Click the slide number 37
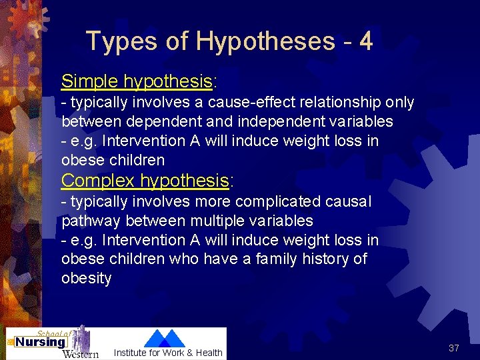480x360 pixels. pos(454,348)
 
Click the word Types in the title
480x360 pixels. pos(122,41)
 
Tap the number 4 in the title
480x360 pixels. pos(365,41)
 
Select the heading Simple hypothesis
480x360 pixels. pos(137,81)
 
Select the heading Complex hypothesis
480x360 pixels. pos(145,181)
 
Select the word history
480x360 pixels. pos(323,259)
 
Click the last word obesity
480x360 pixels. pos(86,278)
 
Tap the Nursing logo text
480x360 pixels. pos(41,343)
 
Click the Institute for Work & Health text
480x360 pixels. pos(168,353)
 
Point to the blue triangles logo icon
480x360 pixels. pos(165,338)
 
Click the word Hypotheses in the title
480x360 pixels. pos(265,41)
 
